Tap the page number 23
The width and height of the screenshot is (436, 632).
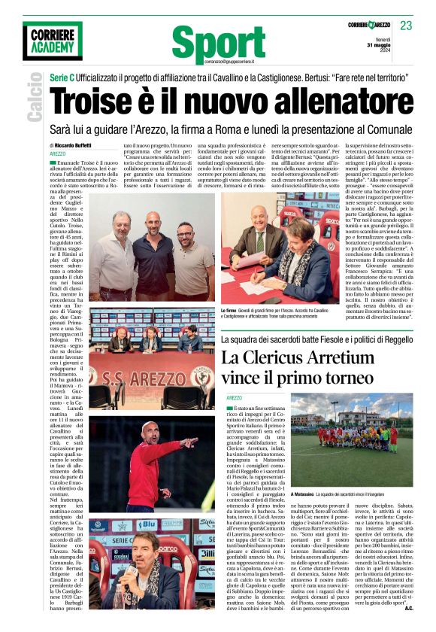[406, 26]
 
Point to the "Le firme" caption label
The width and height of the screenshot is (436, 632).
[229, 311]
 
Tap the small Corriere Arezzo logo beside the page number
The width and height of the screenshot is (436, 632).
[368, 26]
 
